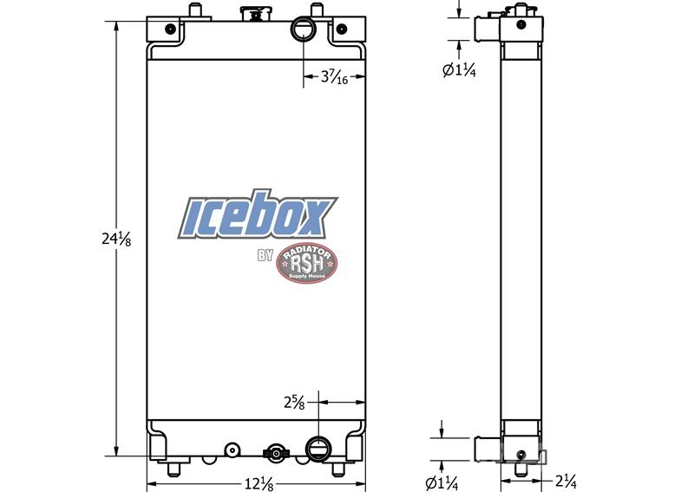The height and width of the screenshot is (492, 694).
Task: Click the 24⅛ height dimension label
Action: (116, 239)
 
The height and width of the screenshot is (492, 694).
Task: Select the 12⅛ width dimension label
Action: (259, 483)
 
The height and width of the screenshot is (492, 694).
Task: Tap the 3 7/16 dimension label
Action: (334, 77)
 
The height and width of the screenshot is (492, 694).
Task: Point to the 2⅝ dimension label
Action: (294, 403)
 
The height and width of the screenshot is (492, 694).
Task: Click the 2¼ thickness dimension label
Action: (566, 481)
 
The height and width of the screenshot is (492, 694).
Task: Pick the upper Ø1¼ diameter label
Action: (459, 70)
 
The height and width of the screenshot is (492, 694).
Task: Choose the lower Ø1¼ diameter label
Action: (442, 483)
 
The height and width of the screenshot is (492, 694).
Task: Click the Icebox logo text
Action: (258, 215)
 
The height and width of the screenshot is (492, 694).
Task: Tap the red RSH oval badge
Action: (307, 263)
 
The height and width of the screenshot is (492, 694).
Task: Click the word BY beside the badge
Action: (265, 255)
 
